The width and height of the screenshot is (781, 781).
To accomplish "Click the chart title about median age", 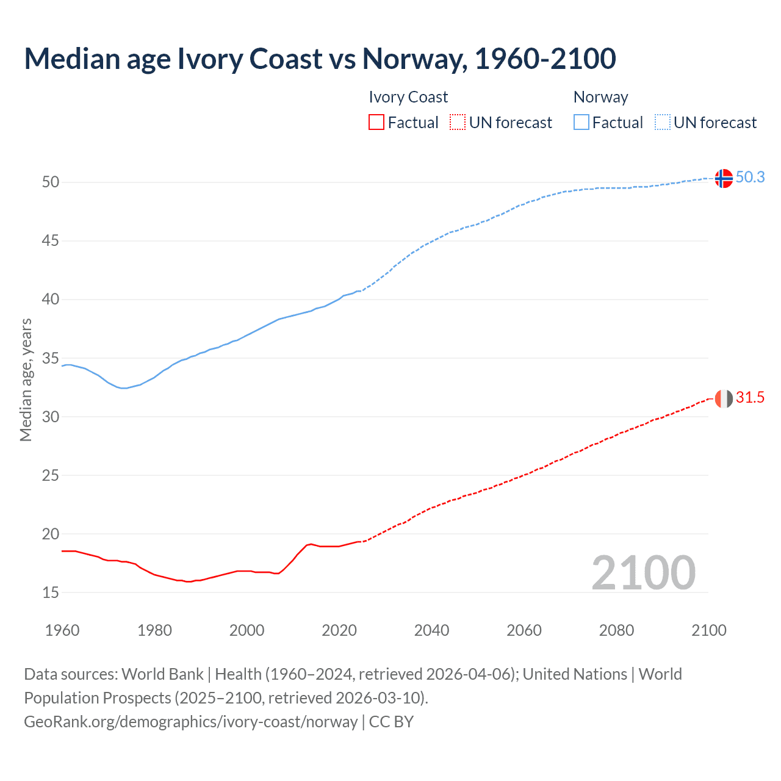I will [x=320, y=59].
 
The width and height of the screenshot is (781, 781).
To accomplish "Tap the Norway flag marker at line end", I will [x=723, y=178].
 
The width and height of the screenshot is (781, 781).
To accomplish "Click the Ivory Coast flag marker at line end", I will [x=723, y=398].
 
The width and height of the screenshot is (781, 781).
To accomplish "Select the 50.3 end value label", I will [x=750, y=177].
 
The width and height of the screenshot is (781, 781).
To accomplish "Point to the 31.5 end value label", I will [x=750, y=398].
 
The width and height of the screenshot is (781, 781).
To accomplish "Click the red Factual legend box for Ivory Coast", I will [x=376, y=123].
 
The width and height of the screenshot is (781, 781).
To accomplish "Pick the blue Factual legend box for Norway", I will [x=581, y=123].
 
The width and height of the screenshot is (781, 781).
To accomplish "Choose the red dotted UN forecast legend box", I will [x=458, y=123].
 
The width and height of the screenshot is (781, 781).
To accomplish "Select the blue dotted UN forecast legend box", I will [x=662, y=123].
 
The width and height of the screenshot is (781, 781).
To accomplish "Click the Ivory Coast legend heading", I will [x=408, y=97].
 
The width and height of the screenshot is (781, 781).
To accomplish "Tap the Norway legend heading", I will [x=600, y=97].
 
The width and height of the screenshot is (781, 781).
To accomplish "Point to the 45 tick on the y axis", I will [x=51, y=241].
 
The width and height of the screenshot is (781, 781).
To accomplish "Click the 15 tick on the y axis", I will [x=51, y=592].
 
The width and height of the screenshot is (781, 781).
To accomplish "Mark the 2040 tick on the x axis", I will [x=431, y=630].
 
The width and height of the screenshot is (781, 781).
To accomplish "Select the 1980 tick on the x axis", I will [x=154, y=630].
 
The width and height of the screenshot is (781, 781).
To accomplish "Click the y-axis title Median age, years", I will [x=26, y=380].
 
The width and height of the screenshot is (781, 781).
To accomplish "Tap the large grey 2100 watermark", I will [x=643, y=572].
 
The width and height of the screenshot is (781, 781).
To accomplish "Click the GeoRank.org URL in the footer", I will [x=190, y=721].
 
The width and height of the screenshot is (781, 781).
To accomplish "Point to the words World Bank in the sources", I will [x=162, y=674].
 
